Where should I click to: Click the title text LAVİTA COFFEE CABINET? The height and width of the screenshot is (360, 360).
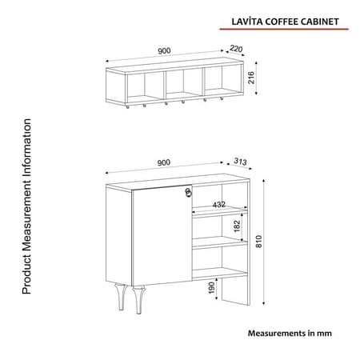coord(285,22)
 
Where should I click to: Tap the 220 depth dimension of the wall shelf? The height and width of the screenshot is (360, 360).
coord(236,49)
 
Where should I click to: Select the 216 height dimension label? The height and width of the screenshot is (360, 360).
coord(251,78)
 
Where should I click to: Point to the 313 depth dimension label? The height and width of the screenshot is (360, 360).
coord(240,162)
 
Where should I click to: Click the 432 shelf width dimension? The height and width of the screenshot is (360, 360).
coord(219,205)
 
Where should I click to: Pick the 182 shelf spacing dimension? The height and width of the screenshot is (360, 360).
coord(237,226)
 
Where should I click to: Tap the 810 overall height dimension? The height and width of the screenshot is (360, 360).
coord(259,242)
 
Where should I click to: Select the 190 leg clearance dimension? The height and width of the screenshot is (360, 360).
coord(211,288)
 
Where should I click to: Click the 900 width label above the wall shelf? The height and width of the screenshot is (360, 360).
coord(164,50)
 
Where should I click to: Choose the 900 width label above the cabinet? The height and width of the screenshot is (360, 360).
coord(163,162)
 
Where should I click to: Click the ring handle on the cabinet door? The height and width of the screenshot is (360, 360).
coord(188,194)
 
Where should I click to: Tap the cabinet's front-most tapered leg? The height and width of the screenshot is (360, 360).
coord(138,300)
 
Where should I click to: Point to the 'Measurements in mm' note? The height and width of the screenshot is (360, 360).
coord(290,333)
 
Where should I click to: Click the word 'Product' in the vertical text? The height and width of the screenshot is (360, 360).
coord(26,279)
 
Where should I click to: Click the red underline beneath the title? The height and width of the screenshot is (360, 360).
coord(284,29)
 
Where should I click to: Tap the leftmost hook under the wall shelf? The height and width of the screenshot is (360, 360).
coord(127,107)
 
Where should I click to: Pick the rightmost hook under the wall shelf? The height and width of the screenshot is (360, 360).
coord(222,99)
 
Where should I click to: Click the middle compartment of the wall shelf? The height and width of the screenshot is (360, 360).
coord(184,83)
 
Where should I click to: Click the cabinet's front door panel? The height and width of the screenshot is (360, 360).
coord(162,235)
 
